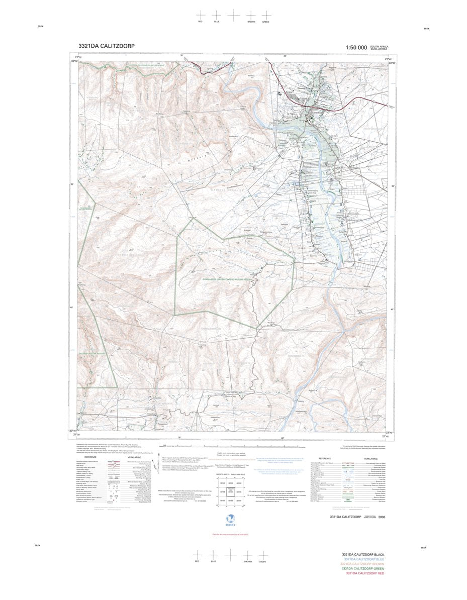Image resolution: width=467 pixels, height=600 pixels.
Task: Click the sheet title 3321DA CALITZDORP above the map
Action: coord(106,46)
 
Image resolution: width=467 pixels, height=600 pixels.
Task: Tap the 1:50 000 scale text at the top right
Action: coord(356,47)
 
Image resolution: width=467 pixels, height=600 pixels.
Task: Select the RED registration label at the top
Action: coord(200,22)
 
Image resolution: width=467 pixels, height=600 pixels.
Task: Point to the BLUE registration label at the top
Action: coord(217,22)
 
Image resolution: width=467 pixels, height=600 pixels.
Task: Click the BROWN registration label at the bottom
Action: coord(248,561)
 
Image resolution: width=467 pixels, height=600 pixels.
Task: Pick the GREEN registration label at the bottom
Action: coord(262,561)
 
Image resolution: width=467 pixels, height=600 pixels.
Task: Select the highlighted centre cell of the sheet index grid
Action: coord(231,491)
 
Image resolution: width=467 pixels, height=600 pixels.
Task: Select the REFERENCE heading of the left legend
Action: coord(90,458)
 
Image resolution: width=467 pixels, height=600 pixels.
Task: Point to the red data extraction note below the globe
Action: coord(230,535)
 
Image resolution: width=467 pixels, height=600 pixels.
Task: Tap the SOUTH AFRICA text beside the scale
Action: coord(379,46)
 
